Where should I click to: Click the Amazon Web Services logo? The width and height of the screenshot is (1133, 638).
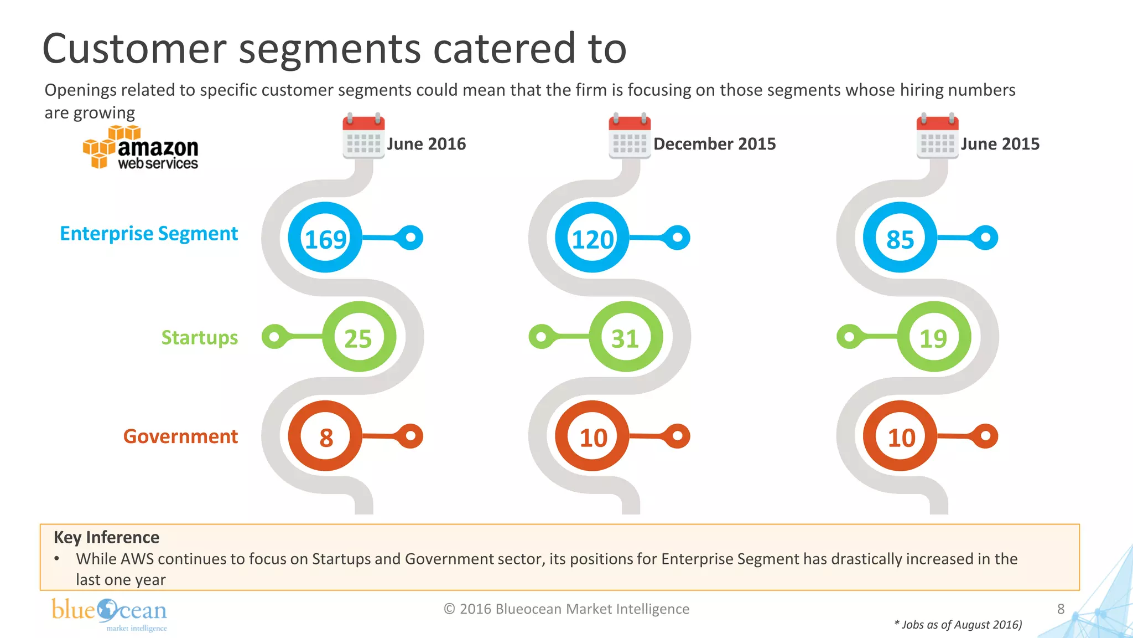141,148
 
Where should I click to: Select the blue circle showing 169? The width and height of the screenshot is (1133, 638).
325,238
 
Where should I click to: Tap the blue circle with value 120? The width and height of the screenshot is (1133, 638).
593,238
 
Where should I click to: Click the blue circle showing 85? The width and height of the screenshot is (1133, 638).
900,238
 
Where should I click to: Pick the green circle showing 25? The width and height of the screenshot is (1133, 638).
358,337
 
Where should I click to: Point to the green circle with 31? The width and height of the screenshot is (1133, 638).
625,337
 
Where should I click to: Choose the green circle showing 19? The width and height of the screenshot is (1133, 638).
933,337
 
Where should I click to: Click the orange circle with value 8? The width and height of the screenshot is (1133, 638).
325,436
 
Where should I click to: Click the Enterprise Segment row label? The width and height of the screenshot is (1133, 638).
149,234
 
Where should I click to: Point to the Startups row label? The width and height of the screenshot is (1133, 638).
199,337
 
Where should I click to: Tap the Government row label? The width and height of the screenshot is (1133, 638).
180,436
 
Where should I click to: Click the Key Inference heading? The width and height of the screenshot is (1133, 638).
106,537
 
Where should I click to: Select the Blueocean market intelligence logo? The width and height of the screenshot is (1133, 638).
110,614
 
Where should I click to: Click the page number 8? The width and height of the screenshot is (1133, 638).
1061,609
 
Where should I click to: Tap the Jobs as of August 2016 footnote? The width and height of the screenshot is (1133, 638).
958,625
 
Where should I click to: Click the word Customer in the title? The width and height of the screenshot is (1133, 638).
134,49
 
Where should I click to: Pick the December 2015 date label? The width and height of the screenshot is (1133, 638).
714,144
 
